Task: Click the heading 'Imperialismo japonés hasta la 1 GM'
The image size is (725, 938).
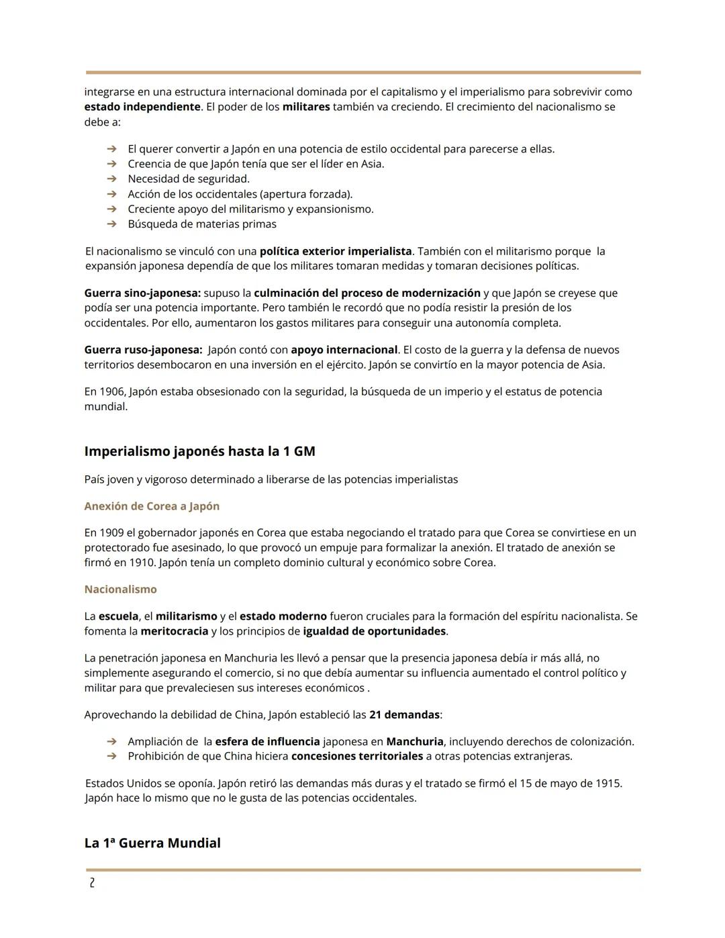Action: (x=199, y=451)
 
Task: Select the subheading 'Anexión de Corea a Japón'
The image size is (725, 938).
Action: (x=152, y=506)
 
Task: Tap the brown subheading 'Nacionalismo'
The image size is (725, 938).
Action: (x=120, y=590)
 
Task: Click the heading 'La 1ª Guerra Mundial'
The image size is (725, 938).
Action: (x=152, y=843)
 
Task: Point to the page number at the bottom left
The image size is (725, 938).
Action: (x=92, y=884)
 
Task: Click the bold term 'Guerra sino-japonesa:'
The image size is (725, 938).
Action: (x=142, y=293)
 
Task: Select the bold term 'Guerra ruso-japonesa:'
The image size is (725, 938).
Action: (x=143, y=350)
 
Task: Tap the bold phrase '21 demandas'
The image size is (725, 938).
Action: (x=404, y=714)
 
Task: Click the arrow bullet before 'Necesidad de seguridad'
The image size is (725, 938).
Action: (x=112, y=179)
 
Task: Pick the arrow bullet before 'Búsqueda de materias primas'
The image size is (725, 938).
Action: (x=112, y=224)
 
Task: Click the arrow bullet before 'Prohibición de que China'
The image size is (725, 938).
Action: (x=112, y=756)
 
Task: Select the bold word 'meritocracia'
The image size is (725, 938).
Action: (x=175, y=631)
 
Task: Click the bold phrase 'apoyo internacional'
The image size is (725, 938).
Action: (x=344, y=350)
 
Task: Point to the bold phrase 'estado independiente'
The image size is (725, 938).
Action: (x=142, y=107)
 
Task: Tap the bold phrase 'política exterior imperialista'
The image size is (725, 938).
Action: (x=336, y=251)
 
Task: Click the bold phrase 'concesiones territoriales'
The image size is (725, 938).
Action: (x=356, y=756)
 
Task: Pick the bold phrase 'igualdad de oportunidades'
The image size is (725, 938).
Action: (x=374, y=631)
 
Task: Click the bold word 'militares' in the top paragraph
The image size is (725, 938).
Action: (x=306, y=107)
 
